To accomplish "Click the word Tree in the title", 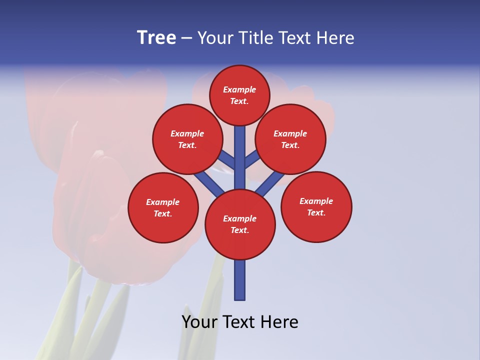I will (156, 38).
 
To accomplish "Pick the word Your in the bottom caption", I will (199, 322).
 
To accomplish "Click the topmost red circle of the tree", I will (239, 95).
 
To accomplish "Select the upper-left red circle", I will (187, 139).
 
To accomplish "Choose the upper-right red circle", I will (290, 139).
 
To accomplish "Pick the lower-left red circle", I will (163, 207).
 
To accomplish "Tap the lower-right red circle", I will (316, 206).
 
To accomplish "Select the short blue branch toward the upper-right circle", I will (252, 159).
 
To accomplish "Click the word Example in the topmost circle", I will (239, 89).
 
